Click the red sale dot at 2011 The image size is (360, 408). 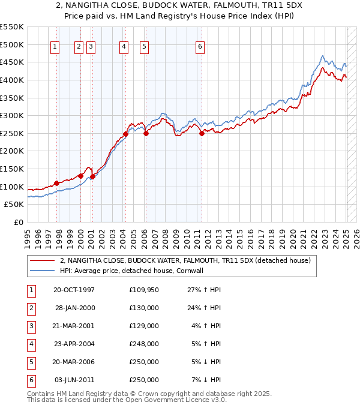(x=202, y=134)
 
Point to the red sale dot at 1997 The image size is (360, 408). (x=57, y=183)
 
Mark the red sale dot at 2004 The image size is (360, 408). (x=126, y=134)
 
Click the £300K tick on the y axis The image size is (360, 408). (x=12, y=115)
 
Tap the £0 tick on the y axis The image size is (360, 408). (x=19, y=222)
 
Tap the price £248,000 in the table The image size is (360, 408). (x=143, y=344)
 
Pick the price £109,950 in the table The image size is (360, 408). (x=143, y=290)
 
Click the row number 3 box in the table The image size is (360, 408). (x=31, y=326)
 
